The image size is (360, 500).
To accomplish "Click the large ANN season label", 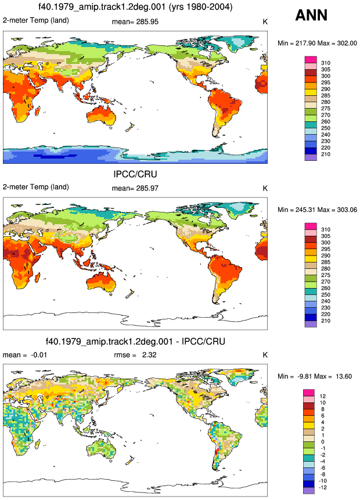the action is click(311, 15).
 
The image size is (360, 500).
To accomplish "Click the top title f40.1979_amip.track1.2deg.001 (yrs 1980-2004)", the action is click(135, 7).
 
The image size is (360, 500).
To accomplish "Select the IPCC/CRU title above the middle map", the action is click(135, 174).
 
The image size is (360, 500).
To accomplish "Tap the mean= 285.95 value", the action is click(135, 21).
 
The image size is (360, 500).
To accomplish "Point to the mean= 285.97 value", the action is click(135, 189).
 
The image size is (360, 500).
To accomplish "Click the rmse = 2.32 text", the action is click(135, 355).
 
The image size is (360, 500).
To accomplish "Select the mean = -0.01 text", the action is click(25, 355).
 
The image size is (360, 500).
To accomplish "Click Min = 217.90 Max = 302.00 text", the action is click(317, 43).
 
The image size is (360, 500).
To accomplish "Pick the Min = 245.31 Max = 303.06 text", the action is click(317, 210).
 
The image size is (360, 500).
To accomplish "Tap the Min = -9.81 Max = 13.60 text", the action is click(315, 376).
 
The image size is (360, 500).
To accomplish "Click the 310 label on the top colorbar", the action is click(326, 63).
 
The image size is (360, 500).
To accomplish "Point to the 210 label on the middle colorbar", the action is click(326, 321).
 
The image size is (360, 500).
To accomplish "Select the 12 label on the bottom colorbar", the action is click(323, 397).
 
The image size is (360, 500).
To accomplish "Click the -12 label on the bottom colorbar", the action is click(323, 488).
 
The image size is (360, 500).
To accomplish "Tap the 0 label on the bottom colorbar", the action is click(323, 442).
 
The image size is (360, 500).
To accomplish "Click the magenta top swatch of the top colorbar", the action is click(311, 60).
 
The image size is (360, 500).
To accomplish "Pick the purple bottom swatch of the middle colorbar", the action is click(311, 324).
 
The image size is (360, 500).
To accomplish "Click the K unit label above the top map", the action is click(265, 21).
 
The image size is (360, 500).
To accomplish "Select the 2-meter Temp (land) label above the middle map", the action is click(36, 187).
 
